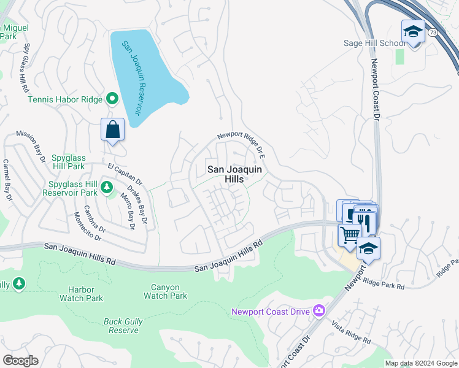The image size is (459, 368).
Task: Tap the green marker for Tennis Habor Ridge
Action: click(112, 98)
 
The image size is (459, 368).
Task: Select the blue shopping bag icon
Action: click(113, 129)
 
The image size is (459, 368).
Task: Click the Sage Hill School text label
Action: click(374, 43)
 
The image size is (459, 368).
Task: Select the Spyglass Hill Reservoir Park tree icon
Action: click(107, 186)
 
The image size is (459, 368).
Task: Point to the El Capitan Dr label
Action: click(125, 174)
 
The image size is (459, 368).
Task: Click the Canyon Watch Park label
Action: click(165, 291)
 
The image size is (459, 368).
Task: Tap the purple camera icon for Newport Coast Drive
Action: click(318, 311)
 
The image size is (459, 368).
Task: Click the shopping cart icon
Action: click(349, 234)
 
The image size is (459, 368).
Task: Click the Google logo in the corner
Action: click(20, 361)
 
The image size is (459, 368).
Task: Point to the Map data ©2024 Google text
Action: click(420, 363)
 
